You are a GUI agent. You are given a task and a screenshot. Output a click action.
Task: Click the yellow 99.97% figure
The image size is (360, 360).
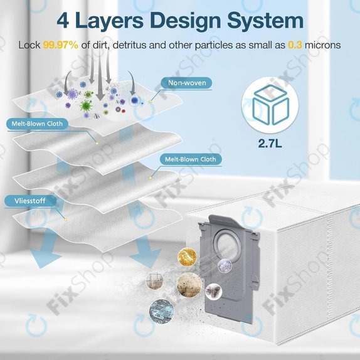tap(61, 45)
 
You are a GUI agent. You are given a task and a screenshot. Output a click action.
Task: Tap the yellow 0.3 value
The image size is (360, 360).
tap(295, 45)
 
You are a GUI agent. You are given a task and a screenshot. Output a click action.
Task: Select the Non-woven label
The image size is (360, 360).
tap(187, 83)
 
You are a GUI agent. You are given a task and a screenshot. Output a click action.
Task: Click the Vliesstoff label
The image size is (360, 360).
tap(30, 201)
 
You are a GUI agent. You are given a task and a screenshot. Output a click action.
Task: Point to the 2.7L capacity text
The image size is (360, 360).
tap(270, 144)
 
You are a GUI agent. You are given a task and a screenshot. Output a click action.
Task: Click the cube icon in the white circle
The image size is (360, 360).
tap(270, 105)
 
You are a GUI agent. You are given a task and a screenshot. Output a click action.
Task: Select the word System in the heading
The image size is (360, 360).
tap(265, 21)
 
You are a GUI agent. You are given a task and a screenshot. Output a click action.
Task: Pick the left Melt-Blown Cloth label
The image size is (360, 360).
tap(37, 124)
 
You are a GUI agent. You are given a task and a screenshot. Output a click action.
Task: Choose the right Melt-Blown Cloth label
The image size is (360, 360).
tap(190, 159)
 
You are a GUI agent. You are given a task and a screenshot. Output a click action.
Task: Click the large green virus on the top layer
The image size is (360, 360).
tap(86, 105)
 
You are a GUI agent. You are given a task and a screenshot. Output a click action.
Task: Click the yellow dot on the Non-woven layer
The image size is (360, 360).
tap(151, 101)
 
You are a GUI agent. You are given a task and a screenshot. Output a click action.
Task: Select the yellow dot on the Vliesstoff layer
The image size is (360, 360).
tap(66, 220)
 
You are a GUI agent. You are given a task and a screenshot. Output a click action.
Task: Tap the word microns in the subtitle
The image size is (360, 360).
tap(322, 45)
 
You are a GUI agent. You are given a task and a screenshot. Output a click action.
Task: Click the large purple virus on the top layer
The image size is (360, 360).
tap(72, 94)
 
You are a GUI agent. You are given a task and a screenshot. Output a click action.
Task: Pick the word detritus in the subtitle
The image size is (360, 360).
tap(129, 45)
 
